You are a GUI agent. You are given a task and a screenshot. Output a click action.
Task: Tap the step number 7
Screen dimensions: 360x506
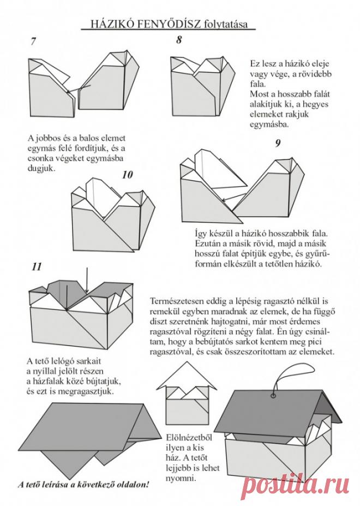click(34, 41)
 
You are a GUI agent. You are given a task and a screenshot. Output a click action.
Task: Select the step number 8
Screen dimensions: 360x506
click(179, 40)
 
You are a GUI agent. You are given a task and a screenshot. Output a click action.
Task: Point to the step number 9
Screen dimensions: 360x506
click(278, 143)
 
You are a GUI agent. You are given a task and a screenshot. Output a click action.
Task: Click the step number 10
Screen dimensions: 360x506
click(128, 175)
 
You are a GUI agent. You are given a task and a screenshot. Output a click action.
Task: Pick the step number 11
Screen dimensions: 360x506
click(37, 267)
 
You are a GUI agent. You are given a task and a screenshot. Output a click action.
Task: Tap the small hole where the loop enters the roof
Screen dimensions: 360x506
click(274, 395)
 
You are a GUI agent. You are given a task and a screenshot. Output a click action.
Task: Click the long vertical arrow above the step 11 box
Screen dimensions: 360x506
click(87, 281)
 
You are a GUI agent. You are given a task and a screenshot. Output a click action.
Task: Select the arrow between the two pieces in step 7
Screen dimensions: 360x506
click(79, 90)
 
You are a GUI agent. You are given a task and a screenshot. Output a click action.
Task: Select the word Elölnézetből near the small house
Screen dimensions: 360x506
click(189, 438)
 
